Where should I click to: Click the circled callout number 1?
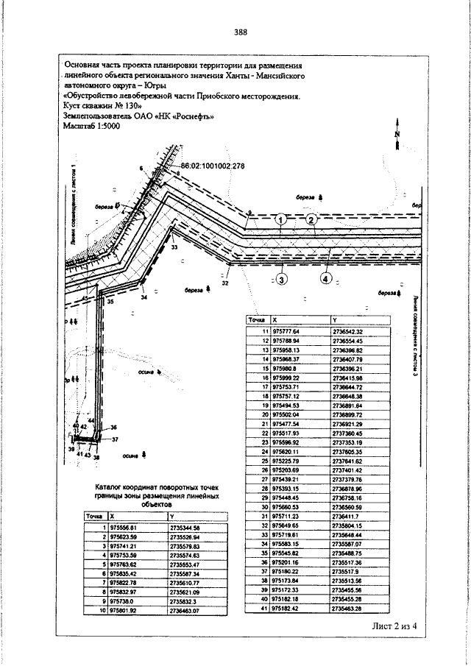(x=281, y=219)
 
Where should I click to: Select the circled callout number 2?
(x=311, y=219)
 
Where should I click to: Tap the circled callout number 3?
(x=282, y=279)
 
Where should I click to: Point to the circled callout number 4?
(x=325, y=278)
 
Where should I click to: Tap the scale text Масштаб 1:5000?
(x=93, y=127)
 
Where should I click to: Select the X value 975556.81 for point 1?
(x=123, y=528)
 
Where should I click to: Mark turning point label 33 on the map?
(x=174, y=248)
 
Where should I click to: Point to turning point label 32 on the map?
(x=225, y=282)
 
